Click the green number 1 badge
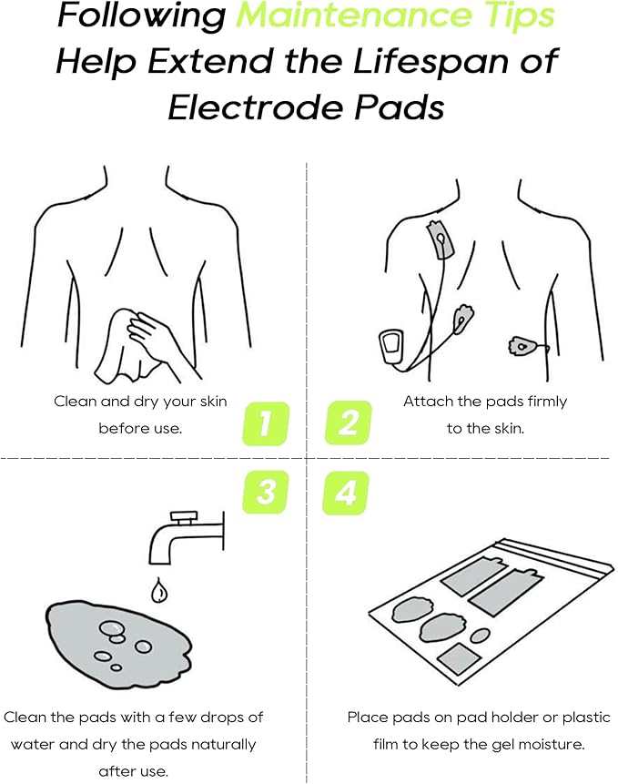(266, 423)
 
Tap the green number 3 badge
(266, 493)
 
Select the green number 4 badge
(346, 493)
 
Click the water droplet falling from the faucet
(160, 591)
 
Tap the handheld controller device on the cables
(390, 350)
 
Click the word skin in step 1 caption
(209, 401)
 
